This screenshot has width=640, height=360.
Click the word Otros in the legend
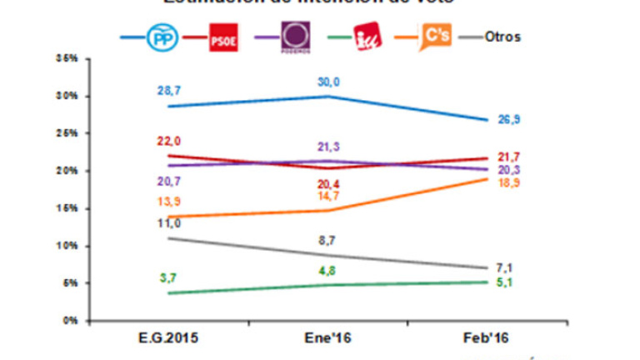[502, 38]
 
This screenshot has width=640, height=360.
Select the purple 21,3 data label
[329, 147]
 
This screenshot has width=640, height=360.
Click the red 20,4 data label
[329, 183]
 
